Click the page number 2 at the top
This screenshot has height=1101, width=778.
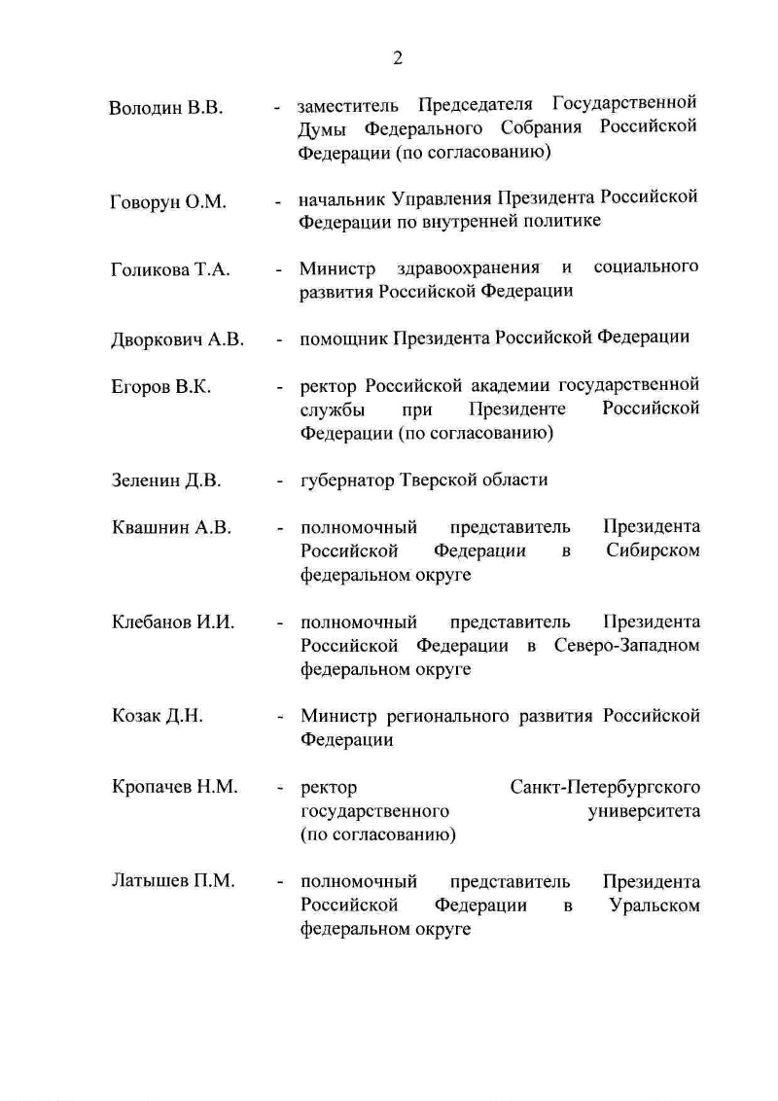click(397, 57)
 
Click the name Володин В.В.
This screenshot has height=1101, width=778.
click(166, 107)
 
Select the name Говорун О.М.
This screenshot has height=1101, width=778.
click(168, 202)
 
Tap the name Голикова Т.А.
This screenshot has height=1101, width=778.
click(170, 270)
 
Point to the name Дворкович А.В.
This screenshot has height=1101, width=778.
click(177, 340)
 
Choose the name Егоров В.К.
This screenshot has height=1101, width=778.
click(161, 387)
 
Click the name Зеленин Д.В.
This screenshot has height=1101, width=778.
click(166, 480)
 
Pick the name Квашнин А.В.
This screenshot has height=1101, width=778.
click(171, 528)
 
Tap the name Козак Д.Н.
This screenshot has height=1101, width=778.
click(157, 717)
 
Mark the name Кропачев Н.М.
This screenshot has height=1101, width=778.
click(175, 787)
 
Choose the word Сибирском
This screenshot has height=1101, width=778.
click(654, 551)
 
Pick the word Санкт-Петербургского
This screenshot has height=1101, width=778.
click(605, 787)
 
